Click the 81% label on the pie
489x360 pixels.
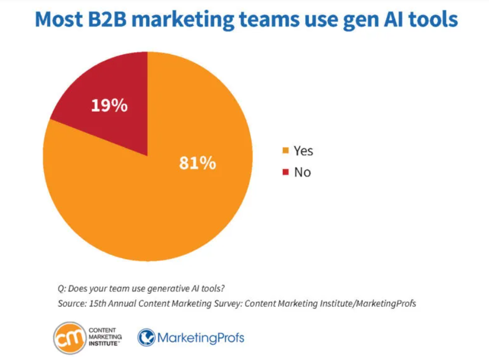click(197, 163)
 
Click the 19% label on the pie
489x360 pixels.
click(109, 106)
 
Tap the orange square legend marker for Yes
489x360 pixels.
click(285, 151)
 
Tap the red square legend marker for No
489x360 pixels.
click(285, 172)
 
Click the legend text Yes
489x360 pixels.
click(303, 151)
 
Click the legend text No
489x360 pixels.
click(302, 172)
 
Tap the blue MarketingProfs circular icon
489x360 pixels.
click(147, 338)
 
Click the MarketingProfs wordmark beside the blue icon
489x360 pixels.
click(200, 338)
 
